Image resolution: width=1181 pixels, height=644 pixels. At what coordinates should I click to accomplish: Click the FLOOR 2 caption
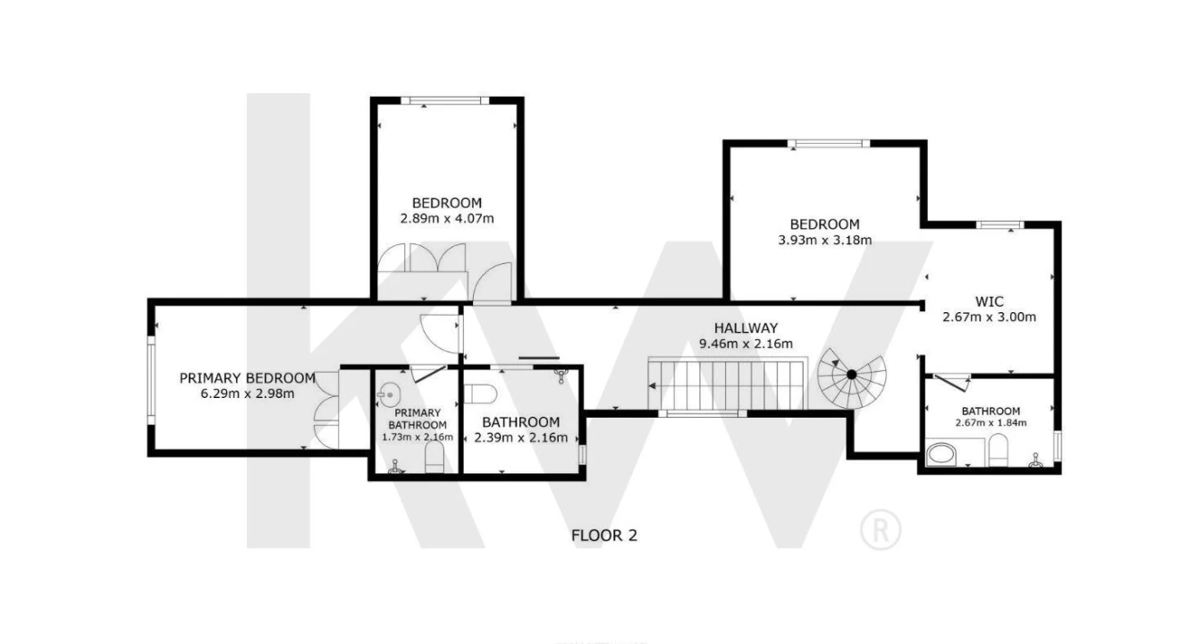tap(604, 536)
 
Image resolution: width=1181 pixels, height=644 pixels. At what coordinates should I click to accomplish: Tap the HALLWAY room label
tap(746, 328)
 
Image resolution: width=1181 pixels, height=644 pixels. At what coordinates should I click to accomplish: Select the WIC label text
tap(989, 301)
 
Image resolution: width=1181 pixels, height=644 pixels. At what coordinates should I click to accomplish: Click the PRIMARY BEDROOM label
tap(248, 378)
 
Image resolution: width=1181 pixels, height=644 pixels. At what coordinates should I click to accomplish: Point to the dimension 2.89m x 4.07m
tap(447, 218)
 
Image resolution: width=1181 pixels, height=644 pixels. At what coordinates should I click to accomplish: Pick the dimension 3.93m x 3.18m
tap(824, 240)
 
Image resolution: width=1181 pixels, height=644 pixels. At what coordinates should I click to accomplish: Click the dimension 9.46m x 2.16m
tap(746, 343)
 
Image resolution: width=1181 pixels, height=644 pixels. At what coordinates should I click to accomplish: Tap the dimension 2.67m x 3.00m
tap(989, 317)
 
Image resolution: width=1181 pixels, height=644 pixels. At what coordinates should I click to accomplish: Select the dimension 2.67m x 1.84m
tap(991, 422)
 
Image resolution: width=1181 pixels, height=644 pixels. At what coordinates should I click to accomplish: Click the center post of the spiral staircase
tap(851, 375)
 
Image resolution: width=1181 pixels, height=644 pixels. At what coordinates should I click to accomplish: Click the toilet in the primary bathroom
tap(434, 457)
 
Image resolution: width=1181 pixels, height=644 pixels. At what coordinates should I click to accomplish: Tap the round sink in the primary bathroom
tap(390, 394)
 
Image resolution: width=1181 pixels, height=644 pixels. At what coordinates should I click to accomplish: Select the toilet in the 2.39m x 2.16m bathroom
tap(480, 394)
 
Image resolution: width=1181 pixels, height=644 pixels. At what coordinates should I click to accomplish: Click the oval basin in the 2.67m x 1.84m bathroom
tap(941, 454)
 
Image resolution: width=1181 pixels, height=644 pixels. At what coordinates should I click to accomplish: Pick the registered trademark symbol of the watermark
tap(881, 530)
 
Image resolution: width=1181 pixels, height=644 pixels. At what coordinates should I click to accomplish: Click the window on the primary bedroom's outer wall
tap(151, 380)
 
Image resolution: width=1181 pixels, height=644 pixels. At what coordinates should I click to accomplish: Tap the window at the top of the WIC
tap(1000, 225)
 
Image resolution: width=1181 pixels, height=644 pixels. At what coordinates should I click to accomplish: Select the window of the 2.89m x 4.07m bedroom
tap(444, 101)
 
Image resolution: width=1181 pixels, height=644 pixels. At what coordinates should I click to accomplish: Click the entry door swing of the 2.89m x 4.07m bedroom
tap(493, 284)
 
